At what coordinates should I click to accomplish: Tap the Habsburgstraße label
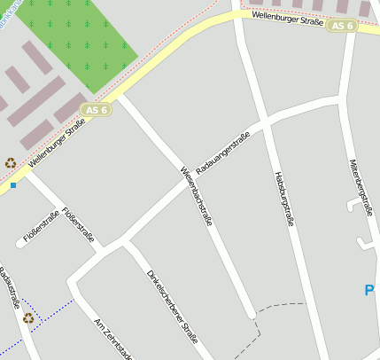click(283, 199)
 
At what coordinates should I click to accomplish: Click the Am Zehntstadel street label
click(112, 339)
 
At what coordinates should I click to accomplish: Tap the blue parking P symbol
click(369, 290)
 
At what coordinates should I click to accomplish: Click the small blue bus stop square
click(13, 185)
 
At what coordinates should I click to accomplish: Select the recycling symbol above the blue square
click(11, 162)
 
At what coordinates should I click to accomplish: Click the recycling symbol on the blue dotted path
click(28, 317)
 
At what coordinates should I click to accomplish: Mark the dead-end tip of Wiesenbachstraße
click(252, 314)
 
